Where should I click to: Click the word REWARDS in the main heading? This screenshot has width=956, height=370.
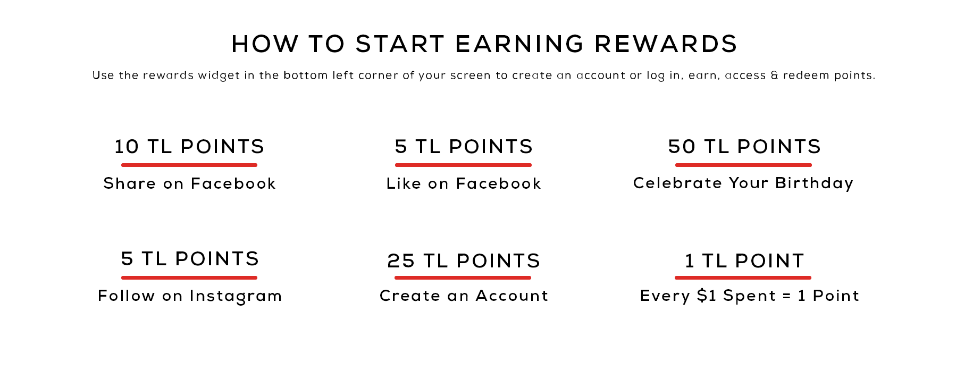click(666, 44)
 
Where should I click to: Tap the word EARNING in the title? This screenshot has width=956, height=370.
click(519, 44)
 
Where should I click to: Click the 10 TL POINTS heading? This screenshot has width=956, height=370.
click(189, 146)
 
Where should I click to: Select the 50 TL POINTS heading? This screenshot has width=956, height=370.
click(744, 146)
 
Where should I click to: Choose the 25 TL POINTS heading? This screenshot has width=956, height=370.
click(464, 260)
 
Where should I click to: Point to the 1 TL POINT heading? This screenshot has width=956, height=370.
click(744, 260)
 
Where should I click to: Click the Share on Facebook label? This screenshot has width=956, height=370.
click(190, 183)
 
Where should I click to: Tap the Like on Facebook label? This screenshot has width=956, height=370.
click(464, 183)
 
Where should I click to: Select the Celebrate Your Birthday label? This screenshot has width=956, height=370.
click(743, 183)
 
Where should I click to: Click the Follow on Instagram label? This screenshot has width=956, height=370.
click(190, 296)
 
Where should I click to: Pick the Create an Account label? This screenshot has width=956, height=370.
click(464, 296)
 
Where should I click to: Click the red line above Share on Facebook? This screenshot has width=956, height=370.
click(189, 165)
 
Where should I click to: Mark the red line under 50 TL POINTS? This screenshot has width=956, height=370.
click(743, 165)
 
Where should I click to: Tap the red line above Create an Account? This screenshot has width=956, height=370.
click(463, 277)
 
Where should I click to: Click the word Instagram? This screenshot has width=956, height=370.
click(236, 296)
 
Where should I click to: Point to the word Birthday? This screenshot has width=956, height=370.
click(814, 183)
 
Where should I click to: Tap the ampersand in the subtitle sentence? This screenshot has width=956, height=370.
click(774, 75)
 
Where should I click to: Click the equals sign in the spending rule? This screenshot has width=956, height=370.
click(787, 296)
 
